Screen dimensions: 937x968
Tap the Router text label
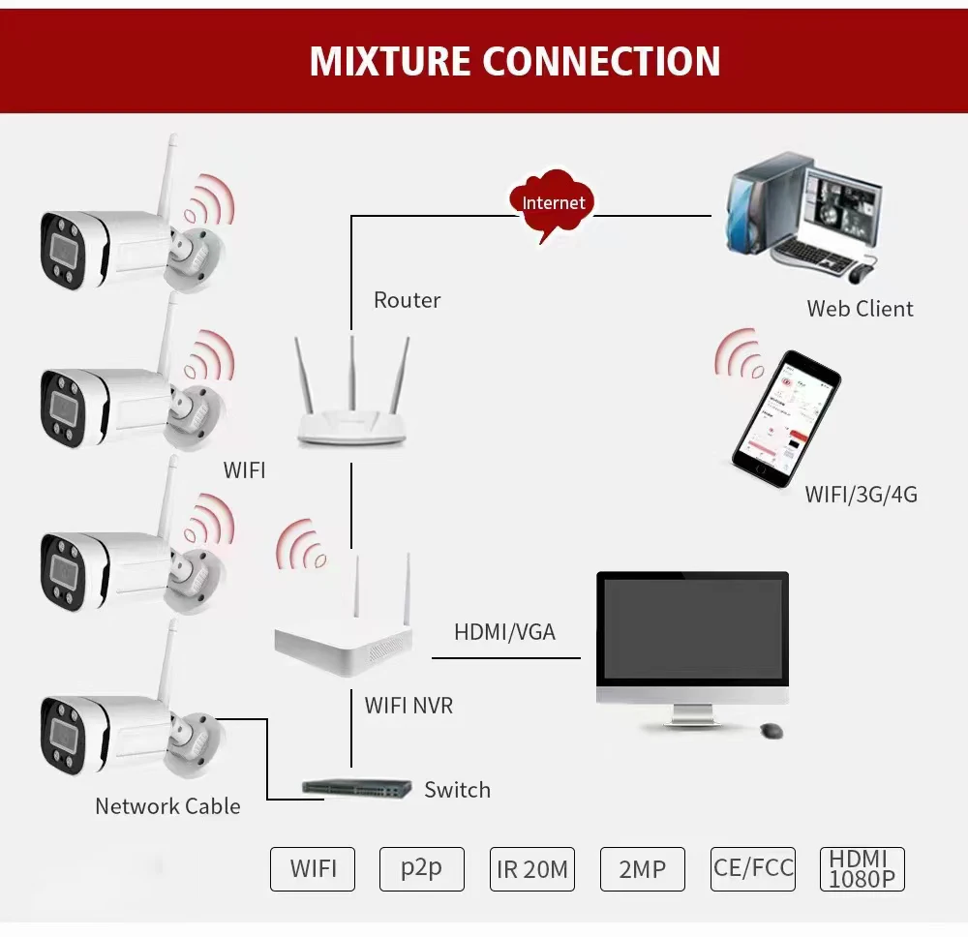tap(407, 300)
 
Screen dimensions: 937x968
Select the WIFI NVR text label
tap(408, 706)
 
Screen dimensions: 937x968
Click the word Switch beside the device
tap(457, 790)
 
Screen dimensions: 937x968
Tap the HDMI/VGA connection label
tap(504, 632)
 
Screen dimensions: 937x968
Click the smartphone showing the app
tap(784, 419)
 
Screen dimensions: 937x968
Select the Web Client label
tap(860, 309)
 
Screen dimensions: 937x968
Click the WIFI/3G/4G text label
tap(861, 495)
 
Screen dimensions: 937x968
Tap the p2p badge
tap(421, 868)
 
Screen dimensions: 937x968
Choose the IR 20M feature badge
tap(531, 869)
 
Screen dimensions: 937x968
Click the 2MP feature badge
tap(642, 869)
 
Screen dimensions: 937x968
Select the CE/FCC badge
tap(753, 867)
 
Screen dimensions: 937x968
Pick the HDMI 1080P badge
tap(862, 868)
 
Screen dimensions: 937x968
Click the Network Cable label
tap(167, 805)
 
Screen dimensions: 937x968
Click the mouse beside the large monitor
tap(771, 730)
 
